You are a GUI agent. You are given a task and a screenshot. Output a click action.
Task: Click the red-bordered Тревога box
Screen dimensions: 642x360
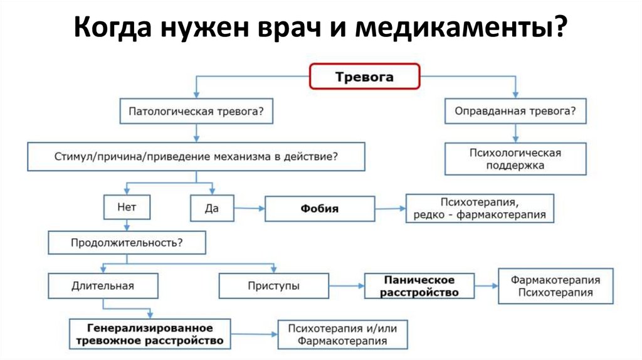point(364,76)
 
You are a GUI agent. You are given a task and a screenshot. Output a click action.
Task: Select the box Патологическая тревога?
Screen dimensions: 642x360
point(196,111)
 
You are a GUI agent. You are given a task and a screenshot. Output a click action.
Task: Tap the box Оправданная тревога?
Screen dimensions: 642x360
point(515,111)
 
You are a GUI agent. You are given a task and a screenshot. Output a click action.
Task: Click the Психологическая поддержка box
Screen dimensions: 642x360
point(515,159)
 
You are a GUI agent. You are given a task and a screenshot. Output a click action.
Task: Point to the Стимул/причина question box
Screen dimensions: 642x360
point(196,156)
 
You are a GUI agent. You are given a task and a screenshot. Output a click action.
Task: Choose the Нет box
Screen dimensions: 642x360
point(127,207)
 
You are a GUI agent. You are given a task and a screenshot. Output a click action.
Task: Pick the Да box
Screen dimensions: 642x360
point(212,208)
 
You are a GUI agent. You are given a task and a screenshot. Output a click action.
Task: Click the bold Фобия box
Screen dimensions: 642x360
point(320,209)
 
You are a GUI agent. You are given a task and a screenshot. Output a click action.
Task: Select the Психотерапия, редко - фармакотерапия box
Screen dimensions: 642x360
point(480,208)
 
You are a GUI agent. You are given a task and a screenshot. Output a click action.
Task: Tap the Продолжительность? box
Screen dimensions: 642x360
point(127,243)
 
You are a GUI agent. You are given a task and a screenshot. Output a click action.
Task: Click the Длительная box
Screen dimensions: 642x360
point(103,286)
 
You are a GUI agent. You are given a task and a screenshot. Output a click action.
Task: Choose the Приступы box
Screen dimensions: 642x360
point(274,286)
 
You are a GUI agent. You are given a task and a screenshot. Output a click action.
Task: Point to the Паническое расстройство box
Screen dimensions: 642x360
point(419,286)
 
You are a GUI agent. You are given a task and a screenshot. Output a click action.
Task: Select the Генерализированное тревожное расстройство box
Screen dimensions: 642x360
point(150,334)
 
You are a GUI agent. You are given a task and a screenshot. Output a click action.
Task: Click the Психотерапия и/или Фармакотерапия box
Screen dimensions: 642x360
point(343,335)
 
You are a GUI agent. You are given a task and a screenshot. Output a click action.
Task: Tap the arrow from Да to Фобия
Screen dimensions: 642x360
point(250,208)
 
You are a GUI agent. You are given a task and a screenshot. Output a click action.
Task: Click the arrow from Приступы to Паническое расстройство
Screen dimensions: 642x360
point(347,286)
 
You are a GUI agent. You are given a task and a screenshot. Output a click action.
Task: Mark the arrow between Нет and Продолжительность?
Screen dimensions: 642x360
point(127,225)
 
